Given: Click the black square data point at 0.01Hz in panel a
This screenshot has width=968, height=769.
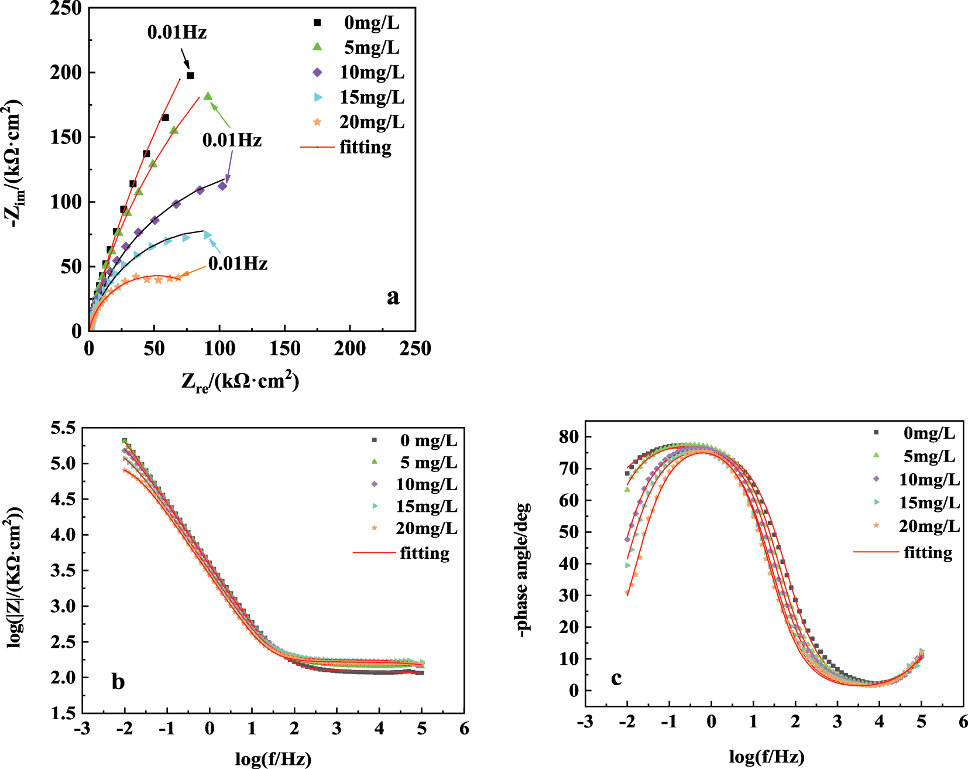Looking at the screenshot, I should tap(190, 76).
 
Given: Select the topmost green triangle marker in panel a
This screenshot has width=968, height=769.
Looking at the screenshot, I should tap(208, 97).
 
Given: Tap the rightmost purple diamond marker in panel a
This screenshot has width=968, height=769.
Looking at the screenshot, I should tap(222, 186).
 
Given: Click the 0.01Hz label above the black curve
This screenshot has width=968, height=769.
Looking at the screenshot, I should tap(177, 32).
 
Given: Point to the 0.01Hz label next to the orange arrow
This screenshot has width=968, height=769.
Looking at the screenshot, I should tap(238, 264).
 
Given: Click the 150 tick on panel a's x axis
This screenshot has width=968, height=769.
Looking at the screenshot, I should tap(284, 349).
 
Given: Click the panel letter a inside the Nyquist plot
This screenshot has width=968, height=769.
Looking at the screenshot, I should tap(393, 297).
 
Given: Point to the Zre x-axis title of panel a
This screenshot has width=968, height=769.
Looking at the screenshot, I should tap(240, 382).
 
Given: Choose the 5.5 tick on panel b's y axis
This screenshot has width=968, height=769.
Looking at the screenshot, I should tap(63, 428).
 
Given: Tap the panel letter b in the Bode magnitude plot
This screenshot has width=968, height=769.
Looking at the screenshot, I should tap(118, 682).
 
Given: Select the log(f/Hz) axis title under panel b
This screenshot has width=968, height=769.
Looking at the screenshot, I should tap(273, 759).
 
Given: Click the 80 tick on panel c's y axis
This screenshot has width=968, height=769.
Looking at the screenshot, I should tap(568, 437).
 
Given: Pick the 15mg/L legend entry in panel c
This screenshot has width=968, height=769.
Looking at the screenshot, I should tap(929, 503).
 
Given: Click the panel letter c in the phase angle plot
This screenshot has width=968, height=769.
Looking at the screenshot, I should tap(616, 678).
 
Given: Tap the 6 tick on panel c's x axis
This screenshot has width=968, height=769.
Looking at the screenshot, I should tap(963, 722).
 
